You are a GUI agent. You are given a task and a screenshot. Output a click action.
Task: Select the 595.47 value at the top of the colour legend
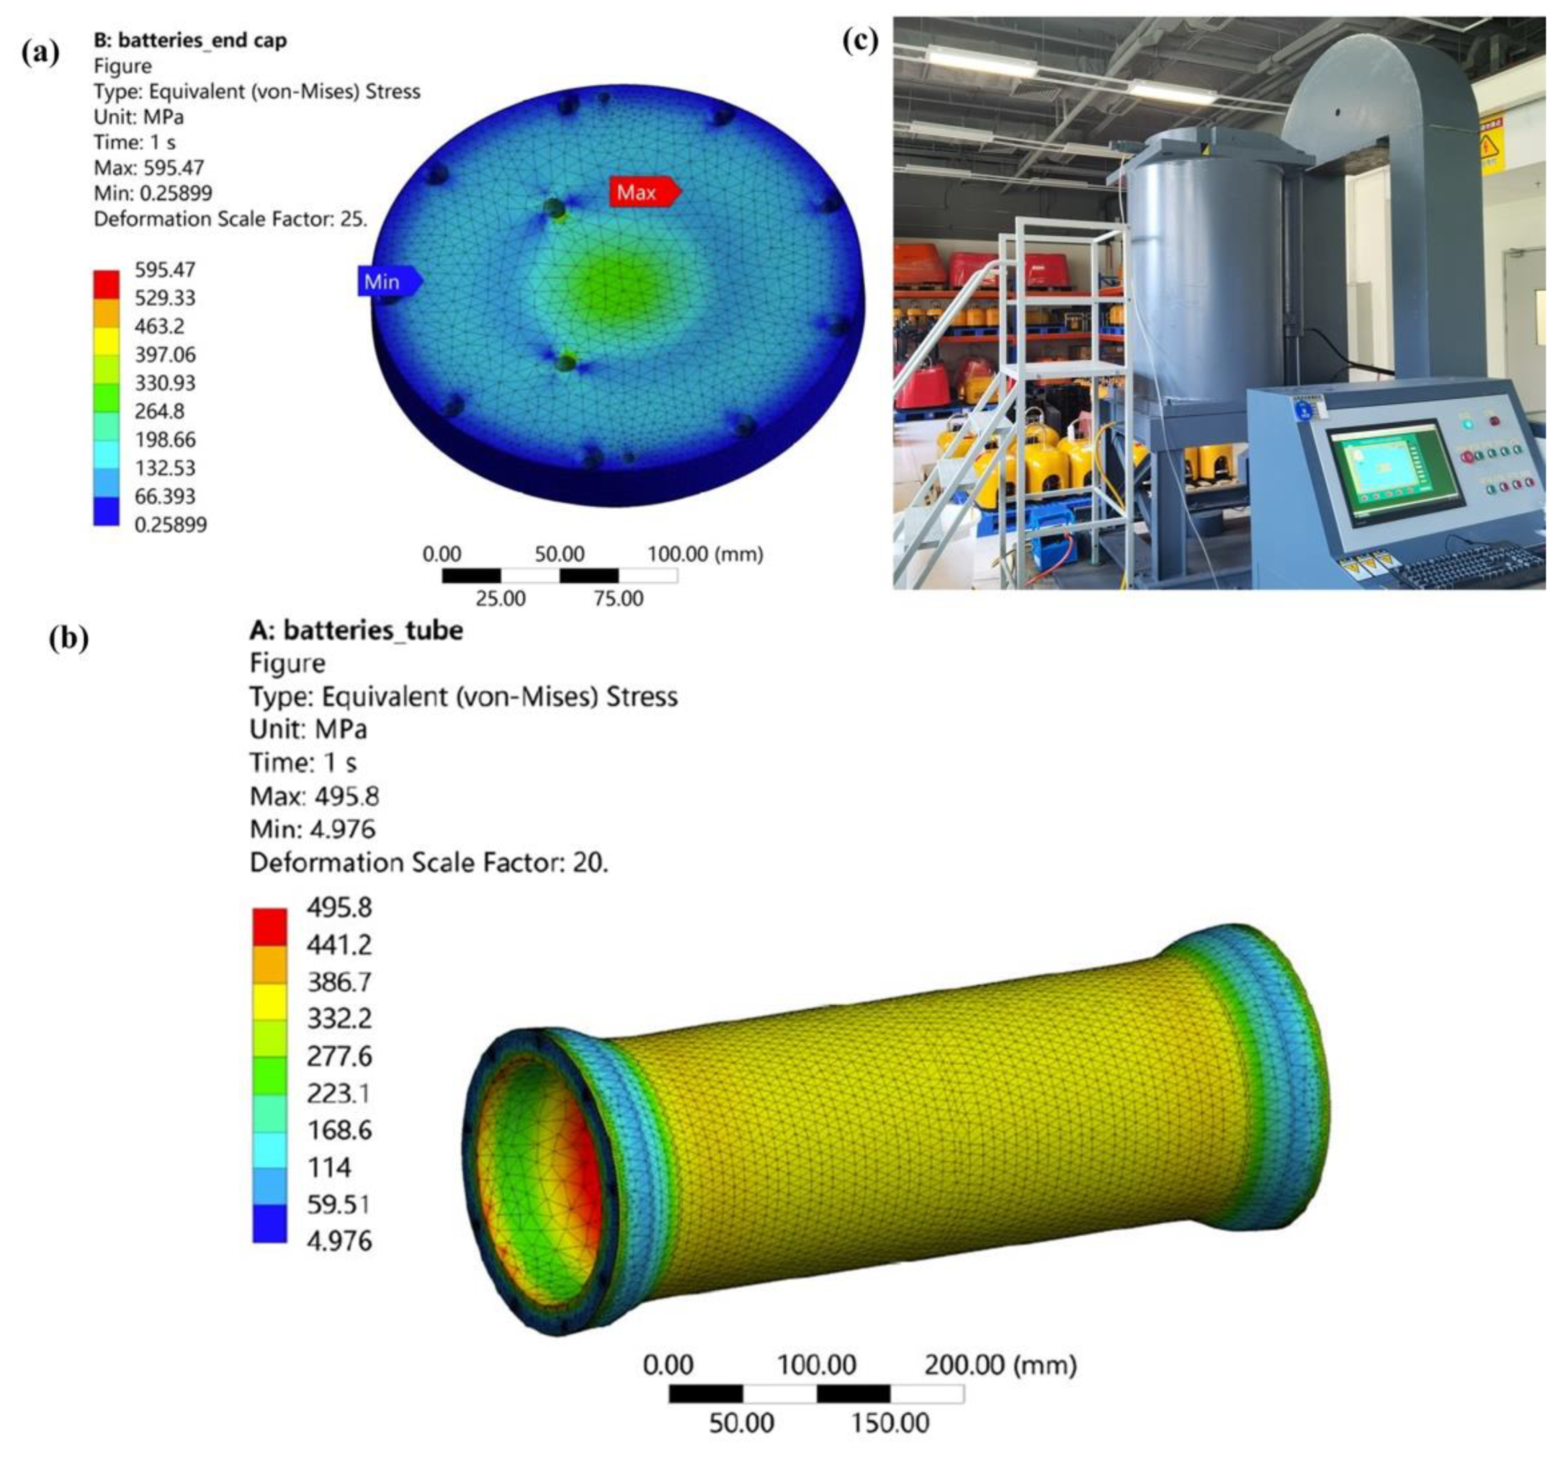click(x=165, y=270)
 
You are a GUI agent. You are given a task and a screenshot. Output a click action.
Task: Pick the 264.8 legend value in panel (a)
click(x=160, y=411)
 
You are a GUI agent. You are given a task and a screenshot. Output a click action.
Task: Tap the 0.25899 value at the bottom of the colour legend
click(x=170, y=524)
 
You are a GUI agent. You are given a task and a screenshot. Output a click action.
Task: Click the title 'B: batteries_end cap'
click(x=190, y=40)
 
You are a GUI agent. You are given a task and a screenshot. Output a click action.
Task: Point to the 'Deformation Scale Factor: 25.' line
click(x=231, y=219)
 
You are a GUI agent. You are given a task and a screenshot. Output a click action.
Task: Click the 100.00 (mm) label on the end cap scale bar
click(x=705, y=554)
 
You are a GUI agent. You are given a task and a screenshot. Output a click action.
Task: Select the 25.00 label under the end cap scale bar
click(x=501, y=599)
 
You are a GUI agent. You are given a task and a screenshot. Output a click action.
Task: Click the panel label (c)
click(x=860, y=40)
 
